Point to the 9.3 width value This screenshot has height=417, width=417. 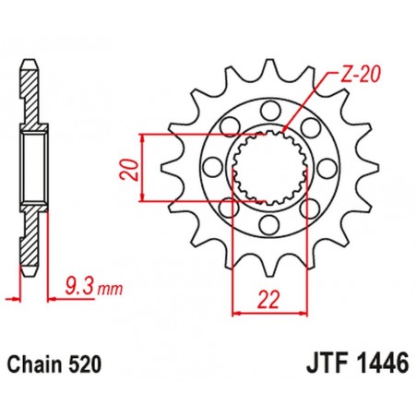point(77,289)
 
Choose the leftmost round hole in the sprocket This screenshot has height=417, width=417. point(213,168)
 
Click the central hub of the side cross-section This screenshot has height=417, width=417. point(36,168)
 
